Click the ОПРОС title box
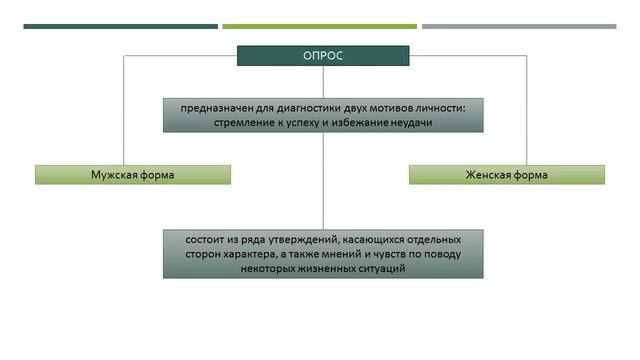(322, 56)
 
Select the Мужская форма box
(132, 175)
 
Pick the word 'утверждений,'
(299, 241)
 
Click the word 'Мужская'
(113, 175)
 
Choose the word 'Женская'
(487, 175)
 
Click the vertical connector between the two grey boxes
(323, 181)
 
